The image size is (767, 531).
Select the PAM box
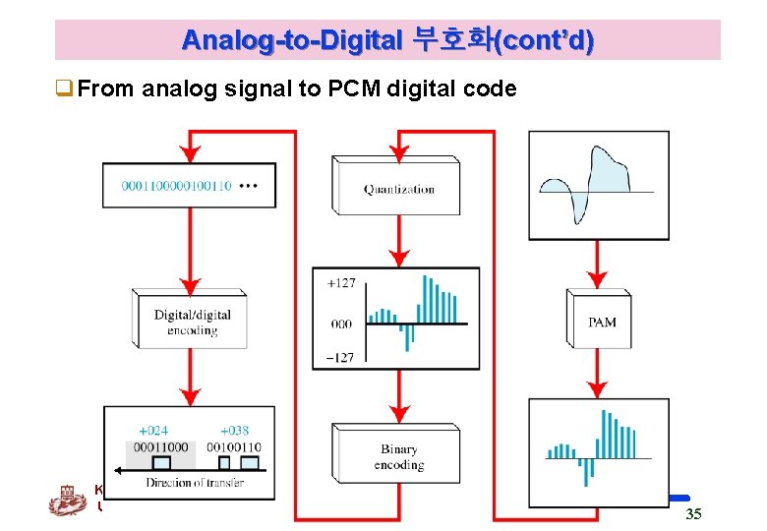(x=602, y=322)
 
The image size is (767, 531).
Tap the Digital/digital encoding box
(x=193, y=323)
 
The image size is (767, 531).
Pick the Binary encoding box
(x=399, y=456)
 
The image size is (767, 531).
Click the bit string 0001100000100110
(x=176, y=185)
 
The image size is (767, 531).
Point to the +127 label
(x=340, y=283)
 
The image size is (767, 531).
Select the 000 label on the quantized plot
(x=340, y=324)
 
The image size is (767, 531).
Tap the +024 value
(x=152, y=430)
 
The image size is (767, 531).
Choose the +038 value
(x=234, y=430)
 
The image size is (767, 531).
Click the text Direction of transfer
(x=195, y=482)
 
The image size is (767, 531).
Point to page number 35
(x=693, y=513)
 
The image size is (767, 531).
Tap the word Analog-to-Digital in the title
(x=292, y=41)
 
